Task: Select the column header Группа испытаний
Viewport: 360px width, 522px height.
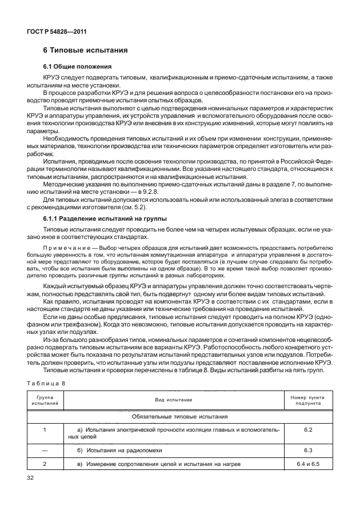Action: pyautogui.click(x=41, y=399)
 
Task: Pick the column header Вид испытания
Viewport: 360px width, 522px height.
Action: pyautogui.click(x=172, y=399)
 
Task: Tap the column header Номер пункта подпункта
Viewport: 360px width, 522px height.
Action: pyautogui.click(x=308, y=399)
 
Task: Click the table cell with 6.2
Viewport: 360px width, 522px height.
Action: pyautogui.click(x=308, y=428)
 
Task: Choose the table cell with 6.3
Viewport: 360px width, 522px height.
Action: pyautogui.click(x=308, y=450)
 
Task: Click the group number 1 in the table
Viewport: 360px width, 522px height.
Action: pyautogui.click(x=41, y=428)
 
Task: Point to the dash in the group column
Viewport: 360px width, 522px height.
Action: pyautogui.click(x=41, y=450)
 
